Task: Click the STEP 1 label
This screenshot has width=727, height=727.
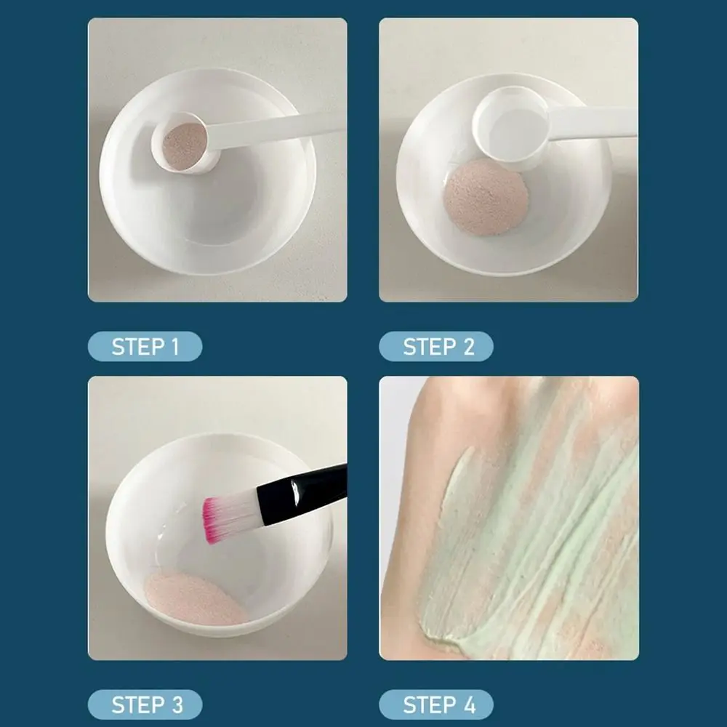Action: coord(145,347)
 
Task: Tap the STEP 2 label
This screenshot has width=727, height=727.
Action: coord(435,347)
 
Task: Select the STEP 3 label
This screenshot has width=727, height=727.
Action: coord(145,704)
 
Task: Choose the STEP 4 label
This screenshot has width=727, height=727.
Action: coord(435,704)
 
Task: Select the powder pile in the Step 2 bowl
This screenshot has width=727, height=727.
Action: coord(486,196)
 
